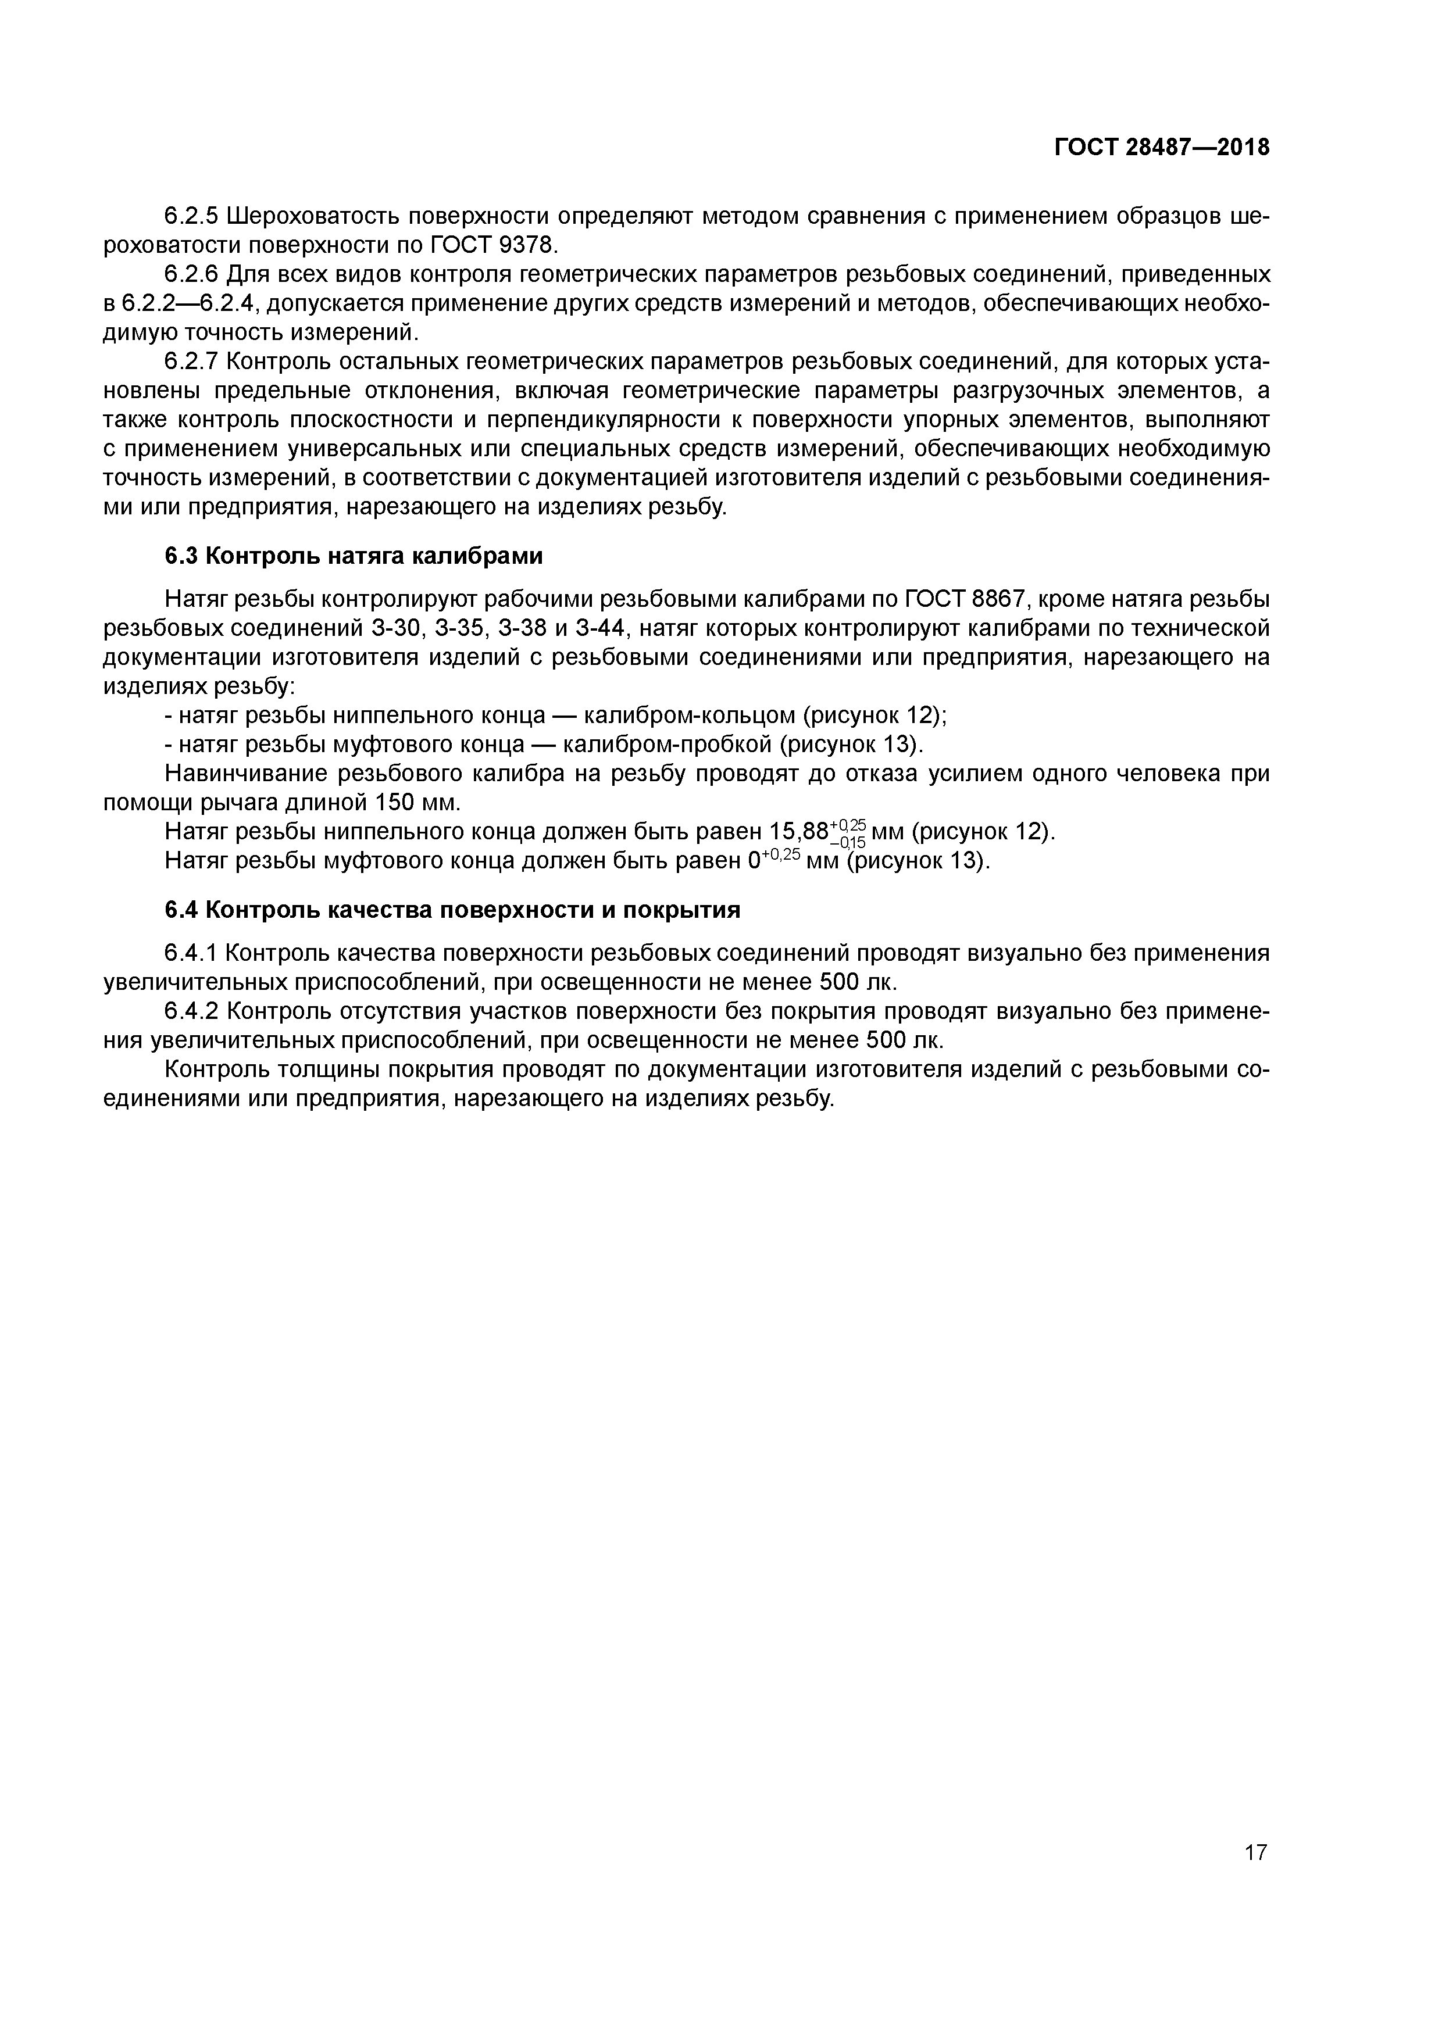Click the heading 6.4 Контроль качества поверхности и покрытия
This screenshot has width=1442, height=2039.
pyautogui.click(x=452, y=910)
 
